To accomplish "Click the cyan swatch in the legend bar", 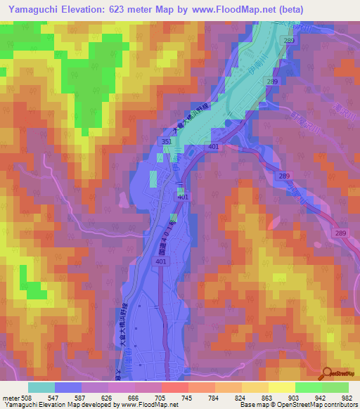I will point(41,387).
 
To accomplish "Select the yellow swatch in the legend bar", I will point(281,387).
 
